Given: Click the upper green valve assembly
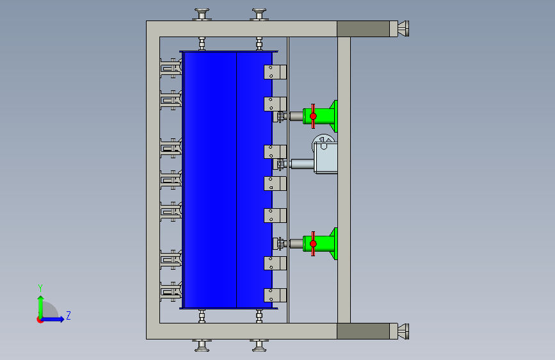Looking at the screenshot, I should [x=325, y=116].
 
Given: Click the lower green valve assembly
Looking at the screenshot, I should [x=325, y=243].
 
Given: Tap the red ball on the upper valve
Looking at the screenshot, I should [x=313, y=116].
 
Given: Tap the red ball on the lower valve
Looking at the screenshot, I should [x=313, y=243].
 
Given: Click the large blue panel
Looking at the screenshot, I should [x=227, y=179].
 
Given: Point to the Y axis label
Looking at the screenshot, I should [x=40, y=288].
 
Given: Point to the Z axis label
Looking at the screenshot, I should [x=68, y=316].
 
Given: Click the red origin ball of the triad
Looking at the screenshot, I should [x=40, y=319].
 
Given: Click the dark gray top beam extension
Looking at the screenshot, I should [x=364, y=29].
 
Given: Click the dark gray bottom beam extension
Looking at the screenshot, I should [x=364, y=331].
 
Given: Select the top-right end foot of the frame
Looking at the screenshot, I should [x=403, y=29].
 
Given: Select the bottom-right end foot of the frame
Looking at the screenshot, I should [x=403, y=331].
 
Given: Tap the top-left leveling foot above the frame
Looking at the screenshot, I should [x=202, y=14].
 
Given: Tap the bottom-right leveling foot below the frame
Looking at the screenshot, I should [x=259, y=346].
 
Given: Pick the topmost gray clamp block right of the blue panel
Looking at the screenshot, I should [x=275, y=72].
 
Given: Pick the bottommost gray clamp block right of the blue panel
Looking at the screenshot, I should [x=275, y=295].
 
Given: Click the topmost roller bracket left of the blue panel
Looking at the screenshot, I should [x=171, y=67].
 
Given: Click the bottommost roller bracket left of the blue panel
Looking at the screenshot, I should [x=171, y=292].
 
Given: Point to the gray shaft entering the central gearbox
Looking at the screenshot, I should [x=302, y=164].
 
